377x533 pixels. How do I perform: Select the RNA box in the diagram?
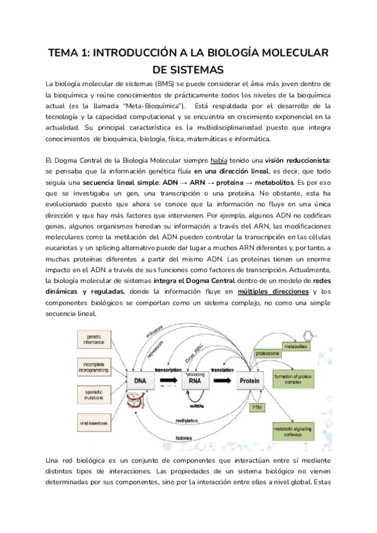[195, 380]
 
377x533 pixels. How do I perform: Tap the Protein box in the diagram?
[253, 380]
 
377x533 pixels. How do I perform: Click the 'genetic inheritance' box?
[93, 341]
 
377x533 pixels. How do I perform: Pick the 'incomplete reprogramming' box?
[93, 367]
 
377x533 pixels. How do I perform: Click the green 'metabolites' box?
[295, 346]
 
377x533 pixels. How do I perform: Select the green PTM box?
[256, 407]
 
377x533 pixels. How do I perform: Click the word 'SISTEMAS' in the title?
[188, 69]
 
